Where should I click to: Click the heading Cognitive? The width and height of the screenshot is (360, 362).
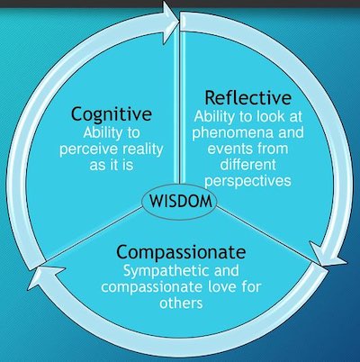point(112,115)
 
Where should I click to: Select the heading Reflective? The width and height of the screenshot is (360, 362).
point(247,97)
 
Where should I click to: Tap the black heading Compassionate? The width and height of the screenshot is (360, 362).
point(181,253)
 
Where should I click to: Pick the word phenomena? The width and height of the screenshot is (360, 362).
point(234,133)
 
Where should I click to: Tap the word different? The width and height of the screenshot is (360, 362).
point(247,165)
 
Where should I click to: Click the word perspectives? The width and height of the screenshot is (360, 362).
point(247,182)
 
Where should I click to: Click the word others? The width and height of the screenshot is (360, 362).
point(181,303)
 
